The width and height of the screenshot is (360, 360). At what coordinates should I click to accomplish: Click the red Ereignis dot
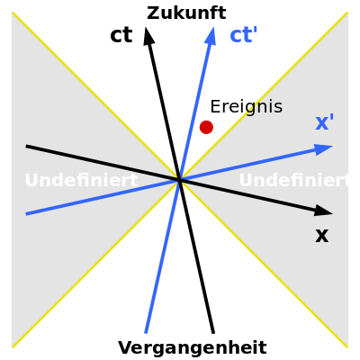(x=206, y=127)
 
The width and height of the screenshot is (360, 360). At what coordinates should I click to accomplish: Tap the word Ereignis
(x=247, y=107)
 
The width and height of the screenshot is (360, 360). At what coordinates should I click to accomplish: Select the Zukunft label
(x=186, y=13)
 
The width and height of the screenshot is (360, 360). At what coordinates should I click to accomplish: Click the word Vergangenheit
(x=193, y=347)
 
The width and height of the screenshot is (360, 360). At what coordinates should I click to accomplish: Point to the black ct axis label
(x=121, y=35)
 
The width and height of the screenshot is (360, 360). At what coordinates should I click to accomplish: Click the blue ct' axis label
(x=244, y=35)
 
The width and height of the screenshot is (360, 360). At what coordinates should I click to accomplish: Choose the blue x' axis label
(x=325, y=122)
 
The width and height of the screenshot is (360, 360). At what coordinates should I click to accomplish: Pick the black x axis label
(x=322, y=236)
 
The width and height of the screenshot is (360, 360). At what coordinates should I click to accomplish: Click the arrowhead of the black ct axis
(x=148, y=36)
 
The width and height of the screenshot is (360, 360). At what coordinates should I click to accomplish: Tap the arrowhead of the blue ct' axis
(x=211, y=36)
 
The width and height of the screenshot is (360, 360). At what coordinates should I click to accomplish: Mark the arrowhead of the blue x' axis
(x=324, y=148)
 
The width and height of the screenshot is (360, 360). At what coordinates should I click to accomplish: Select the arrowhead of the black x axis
(x=324, y=211)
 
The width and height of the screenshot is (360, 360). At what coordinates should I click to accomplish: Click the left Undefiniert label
(x=81, y=180)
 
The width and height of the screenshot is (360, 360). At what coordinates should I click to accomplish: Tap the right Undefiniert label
(x=294, y=180)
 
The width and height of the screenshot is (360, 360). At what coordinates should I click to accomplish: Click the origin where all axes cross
(x=180, y=180)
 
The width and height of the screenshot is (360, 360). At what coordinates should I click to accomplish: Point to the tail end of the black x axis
(x=26, y=146)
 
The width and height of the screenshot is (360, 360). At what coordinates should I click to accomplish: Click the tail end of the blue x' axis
(x=26, y=214)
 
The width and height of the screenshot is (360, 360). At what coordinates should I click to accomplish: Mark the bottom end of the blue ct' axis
(x=146, y=333)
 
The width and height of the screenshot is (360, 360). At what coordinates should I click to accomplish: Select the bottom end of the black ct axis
(x=213, y=333)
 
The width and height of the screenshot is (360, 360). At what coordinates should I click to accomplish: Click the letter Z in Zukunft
(x=152, y=13)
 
